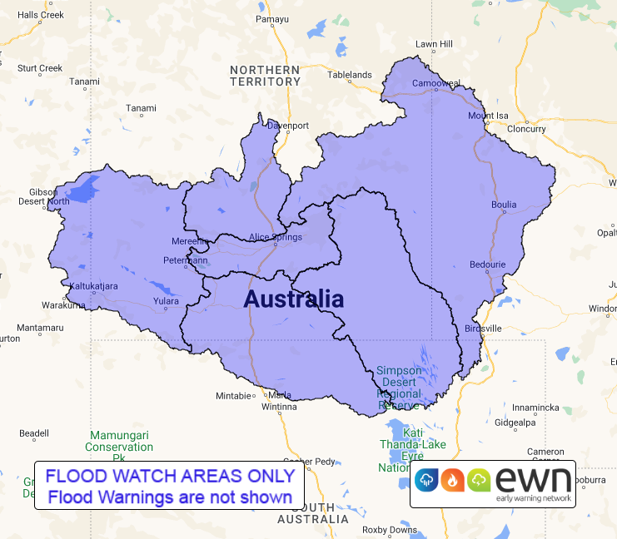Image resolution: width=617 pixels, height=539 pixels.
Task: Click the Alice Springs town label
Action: tap(276, 238)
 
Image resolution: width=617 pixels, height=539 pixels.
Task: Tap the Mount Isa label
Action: tap(488, 116)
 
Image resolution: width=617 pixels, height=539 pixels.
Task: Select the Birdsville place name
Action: tap(483, 329)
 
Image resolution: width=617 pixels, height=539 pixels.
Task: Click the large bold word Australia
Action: tap(293, 299)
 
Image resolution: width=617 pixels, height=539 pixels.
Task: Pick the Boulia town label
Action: tap(504, 205)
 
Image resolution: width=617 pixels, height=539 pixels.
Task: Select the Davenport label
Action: tap(288, 126)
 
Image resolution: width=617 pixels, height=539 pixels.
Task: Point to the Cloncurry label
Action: tap(526, 129)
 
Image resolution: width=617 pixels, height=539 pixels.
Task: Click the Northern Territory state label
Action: tap(265, 76)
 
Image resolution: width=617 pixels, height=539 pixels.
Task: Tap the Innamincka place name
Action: tap(535, 408)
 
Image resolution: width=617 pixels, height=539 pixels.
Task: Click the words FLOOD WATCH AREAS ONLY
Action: tap(170, 477)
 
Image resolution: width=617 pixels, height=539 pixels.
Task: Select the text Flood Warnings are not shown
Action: tap(170, 497)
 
